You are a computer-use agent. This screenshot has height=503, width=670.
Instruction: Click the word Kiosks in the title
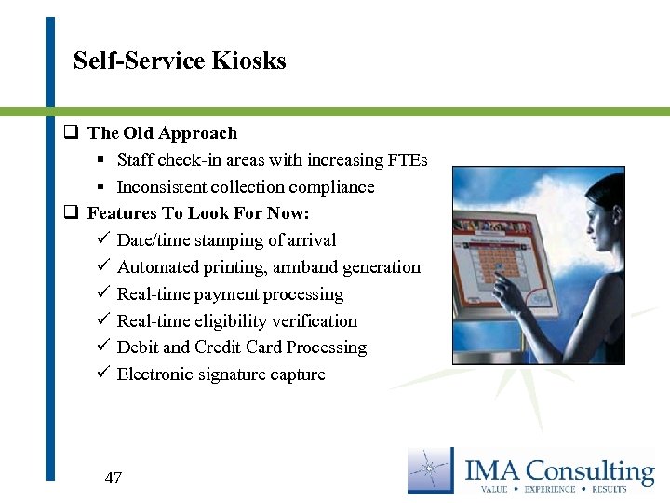248,61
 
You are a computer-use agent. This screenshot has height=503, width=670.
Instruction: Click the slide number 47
113,479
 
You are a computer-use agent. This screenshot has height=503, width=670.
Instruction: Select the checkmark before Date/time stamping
103,240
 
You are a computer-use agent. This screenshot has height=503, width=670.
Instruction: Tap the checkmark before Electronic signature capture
103,374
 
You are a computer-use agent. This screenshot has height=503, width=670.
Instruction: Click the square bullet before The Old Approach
70,133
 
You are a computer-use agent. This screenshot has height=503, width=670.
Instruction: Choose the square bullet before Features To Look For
70,213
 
